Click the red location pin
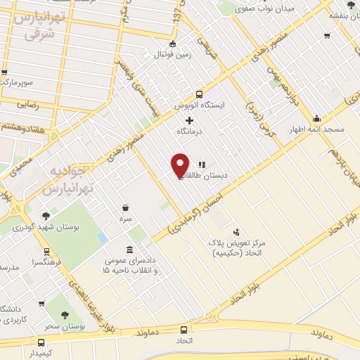[180, 165]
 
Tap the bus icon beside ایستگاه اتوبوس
[200, 94]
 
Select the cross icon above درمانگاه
[189, 120]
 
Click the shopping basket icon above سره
[126, 207]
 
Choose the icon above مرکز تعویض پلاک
[236, 231]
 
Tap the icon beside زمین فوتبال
[173, 44]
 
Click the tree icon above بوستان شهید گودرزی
[46, 216]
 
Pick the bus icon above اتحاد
[184, 330]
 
